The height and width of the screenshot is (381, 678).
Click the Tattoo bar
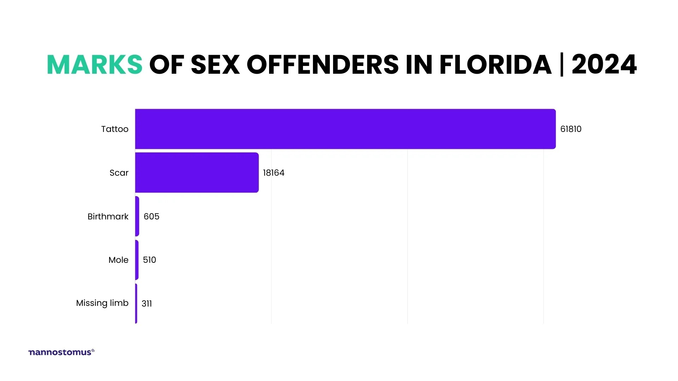coord(345,129)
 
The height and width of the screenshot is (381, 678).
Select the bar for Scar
coord(197,173)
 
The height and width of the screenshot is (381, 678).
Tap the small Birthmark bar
coord(137,216)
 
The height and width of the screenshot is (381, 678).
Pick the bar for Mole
coord(137,260)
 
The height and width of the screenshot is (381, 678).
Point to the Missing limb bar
coord(136,303)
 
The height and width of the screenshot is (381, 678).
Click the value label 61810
coord(571,129)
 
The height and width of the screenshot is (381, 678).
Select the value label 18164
coord(273,173)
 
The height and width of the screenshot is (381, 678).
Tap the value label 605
coord(151,217)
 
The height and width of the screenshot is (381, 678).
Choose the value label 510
coord(149,260)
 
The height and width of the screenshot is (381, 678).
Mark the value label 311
coord(147,304)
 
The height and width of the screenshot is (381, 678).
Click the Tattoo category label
coord(115,129)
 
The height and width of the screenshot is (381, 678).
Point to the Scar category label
coord(119,173)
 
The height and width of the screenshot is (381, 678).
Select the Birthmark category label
coord(108,217)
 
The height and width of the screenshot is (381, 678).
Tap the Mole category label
coord(118,260)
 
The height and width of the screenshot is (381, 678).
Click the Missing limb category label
coord(102,303)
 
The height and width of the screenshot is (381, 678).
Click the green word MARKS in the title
coord(95,65)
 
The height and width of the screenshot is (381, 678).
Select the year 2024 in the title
coord(604,65)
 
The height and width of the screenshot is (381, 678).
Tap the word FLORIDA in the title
coord(495,65)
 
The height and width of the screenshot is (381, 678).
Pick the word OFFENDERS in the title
coord(322,65)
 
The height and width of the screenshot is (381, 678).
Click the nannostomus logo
coord(61,352)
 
